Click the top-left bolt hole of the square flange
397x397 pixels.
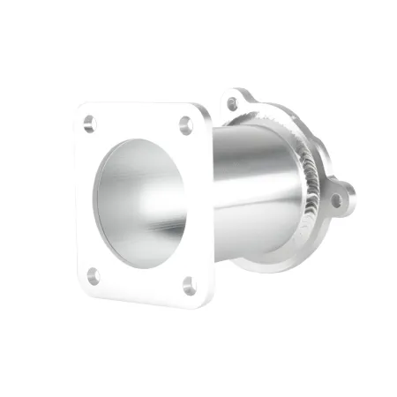tap(89, 124)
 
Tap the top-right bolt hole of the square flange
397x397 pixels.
tap(186, 125)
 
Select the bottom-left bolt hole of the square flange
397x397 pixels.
tap(94, 275)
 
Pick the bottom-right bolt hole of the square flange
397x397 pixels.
tap(188, 284)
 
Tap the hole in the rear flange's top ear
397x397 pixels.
tap(232, 103)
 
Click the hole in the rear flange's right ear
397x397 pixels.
tap(336, 200)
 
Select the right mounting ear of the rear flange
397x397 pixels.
tap(340, 199)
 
